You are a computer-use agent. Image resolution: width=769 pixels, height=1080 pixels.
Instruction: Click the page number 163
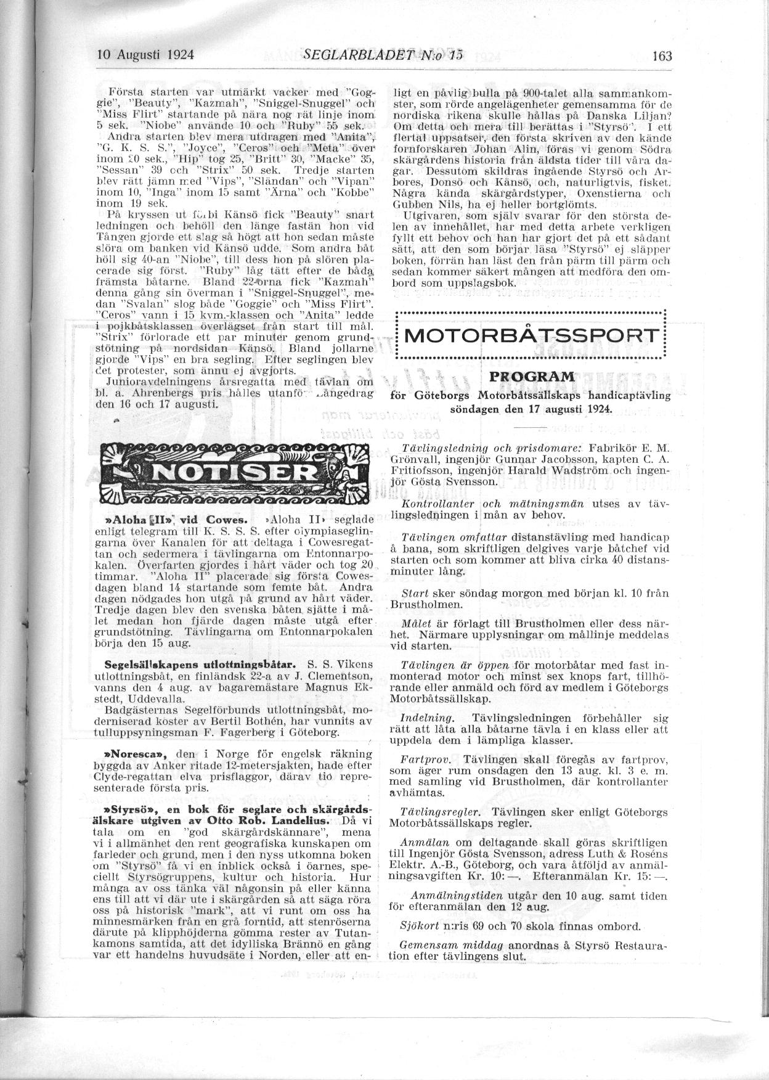662,55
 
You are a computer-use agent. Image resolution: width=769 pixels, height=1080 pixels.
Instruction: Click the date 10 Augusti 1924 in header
146,54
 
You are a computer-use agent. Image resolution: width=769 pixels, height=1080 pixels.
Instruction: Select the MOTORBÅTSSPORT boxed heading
530,336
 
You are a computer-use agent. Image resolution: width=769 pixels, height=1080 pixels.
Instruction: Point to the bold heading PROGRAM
531,377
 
